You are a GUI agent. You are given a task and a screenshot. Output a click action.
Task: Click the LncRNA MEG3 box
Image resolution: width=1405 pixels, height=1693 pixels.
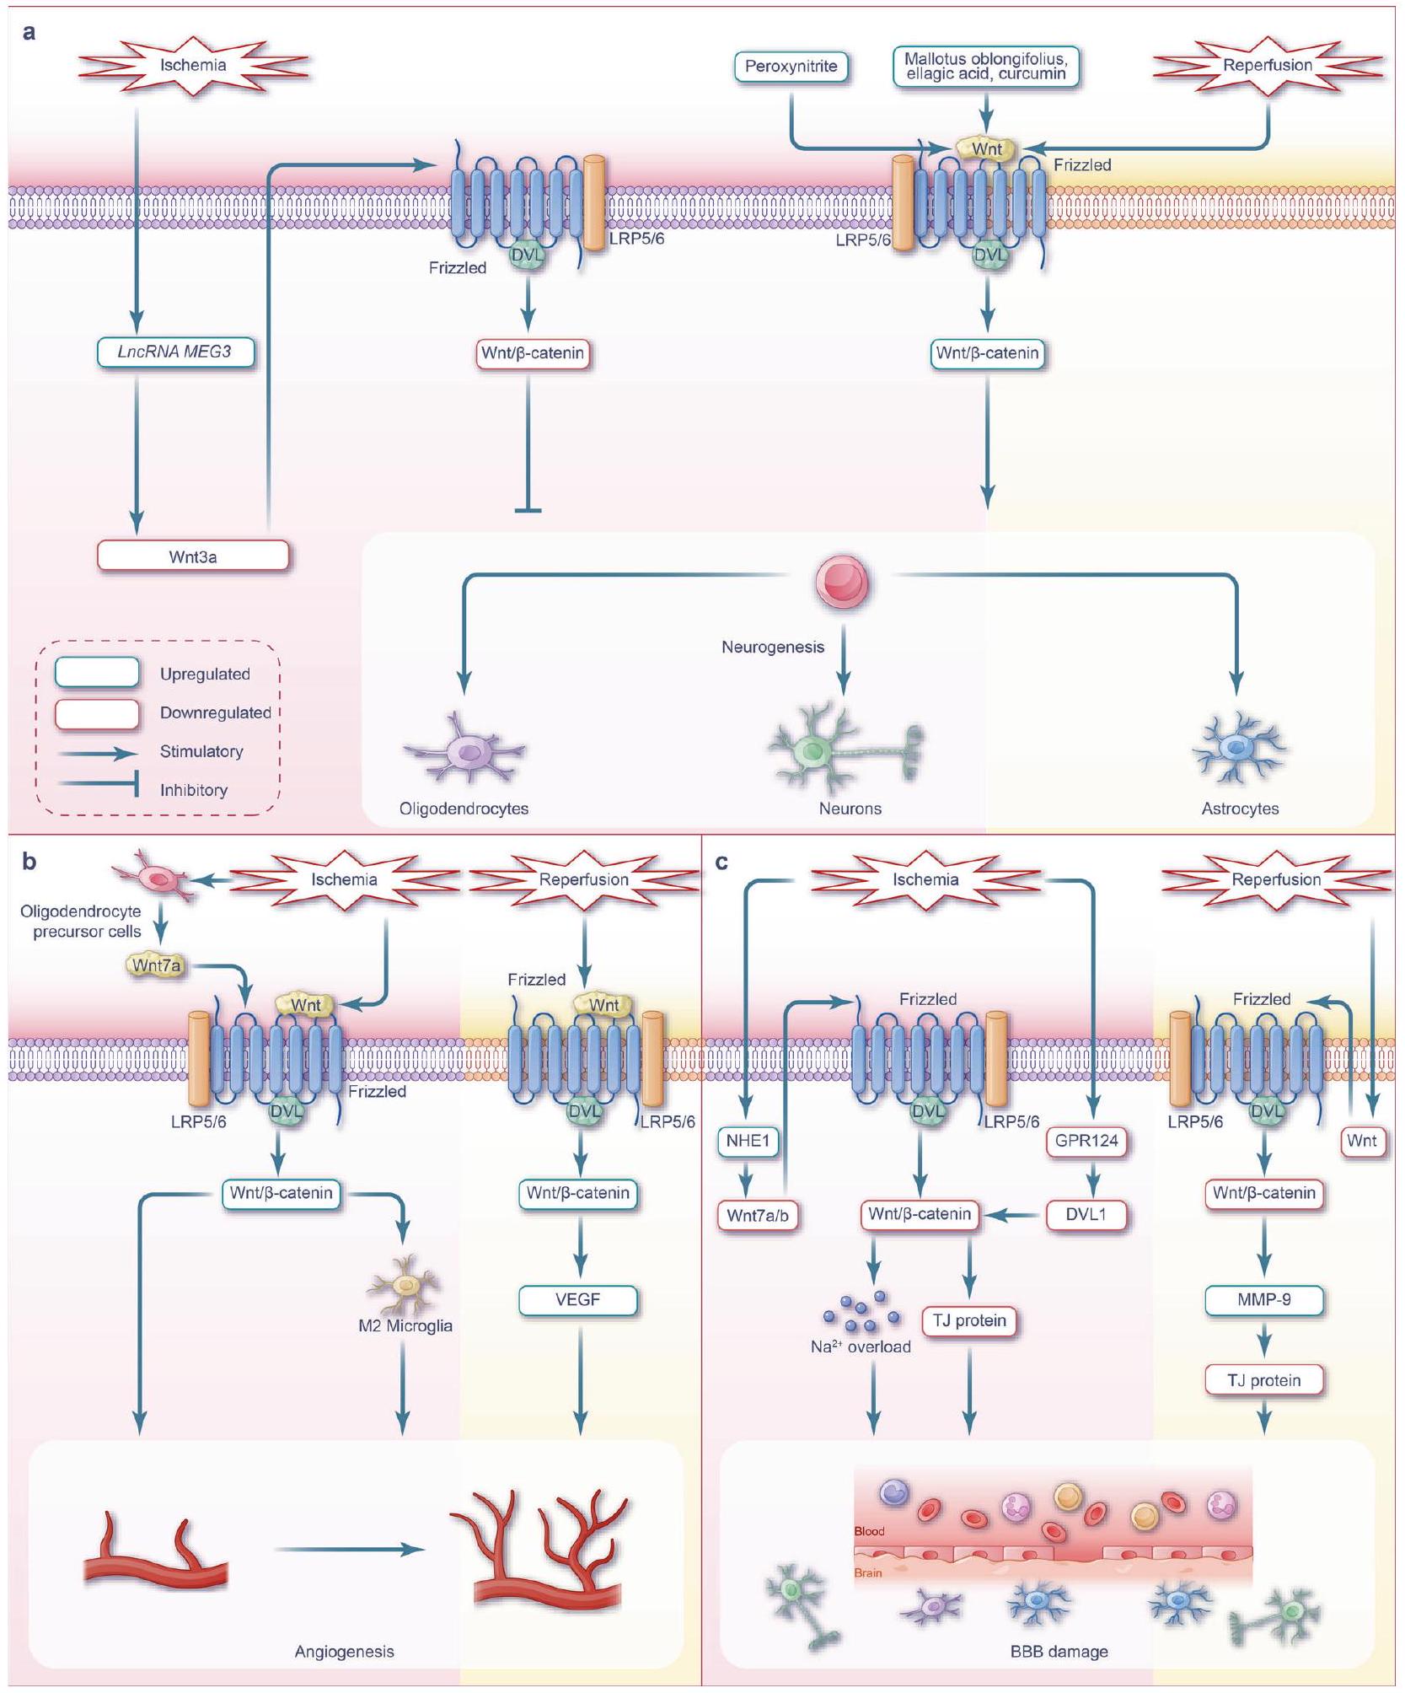(174, 352)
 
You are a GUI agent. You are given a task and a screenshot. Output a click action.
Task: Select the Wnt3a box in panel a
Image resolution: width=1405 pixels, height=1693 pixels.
(193, 556)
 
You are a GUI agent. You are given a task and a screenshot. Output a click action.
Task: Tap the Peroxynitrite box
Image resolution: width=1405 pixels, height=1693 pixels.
(791, 67)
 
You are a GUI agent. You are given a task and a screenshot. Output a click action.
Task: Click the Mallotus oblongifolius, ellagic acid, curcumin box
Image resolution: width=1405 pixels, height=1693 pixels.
(985, 67)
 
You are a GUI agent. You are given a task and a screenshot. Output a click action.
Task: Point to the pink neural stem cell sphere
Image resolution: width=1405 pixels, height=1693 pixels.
(842, 582)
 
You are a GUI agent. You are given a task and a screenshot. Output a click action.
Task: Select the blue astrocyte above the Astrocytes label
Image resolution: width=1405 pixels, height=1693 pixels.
(1237, 747)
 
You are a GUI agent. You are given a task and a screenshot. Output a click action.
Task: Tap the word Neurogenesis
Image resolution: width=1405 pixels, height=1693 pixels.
(772, 648)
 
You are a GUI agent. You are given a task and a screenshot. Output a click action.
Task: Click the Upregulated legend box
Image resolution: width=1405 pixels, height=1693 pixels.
(97, 673)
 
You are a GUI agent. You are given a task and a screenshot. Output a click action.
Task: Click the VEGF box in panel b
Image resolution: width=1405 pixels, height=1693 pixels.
(577, 1300)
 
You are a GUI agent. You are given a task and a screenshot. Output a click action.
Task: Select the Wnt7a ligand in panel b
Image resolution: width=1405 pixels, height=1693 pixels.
(156, 965)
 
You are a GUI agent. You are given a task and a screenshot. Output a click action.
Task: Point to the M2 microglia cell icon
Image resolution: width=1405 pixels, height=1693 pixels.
(405, 1285)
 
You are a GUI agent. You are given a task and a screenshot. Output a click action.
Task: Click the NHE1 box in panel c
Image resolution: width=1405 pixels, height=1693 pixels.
(748, 1142)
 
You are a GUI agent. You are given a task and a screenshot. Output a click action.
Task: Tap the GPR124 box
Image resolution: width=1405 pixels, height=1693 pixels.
(1086, 1142)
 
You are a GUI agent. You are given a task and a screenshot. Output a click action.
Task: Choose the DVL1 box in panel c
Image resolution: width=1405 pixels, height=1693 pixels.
(1086, 1215)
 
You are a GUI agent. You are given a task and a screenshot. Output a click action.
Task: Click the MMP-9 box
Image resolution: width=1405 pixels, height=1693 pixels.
(1263, 1300)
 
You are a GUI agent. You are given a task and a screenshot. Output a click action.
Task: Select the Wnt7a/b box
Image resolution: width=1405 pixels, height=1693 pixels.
(757, 1216)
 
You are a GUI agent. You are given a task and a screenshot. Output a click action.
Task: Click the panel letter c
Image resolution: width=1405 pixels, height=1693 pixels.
(721, 863)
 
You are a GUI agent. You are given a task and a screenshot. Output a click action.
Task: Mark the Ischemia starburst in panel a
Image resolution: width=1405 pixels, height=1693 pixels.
(193, 65)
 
